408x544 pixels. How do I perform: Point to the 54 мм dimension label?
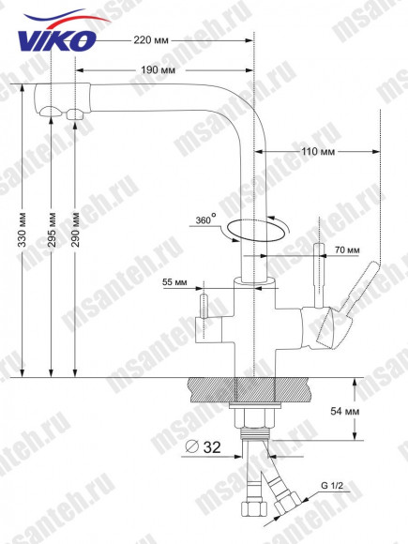pos(372,410)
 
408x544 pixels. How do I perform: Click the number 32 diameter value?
pos(211,449)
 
